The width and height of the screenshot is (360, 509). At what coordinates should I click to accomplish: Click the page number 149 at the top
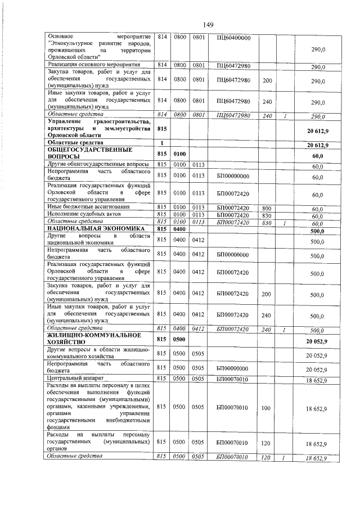(208, 24)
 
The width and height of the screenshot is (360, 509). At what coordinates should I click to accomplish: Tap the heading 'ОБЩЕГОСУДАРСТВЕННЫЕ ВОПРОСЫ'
(90, 154)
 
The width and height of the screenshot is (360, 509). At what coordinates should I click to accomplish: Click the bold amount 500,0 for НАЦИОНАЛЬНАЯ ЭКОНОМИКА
(318, 231)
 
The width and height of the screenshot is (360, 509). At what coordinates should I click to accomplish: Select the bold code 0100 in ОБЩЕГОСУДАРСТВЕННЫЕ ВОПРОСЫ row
(179, 154)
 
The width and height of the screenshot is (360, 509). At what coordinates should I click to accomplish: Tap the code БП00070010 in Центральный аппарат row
(233, 380)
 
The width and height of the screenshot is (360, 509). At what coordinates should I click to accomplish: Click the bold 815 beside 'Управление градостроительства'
(163, 128)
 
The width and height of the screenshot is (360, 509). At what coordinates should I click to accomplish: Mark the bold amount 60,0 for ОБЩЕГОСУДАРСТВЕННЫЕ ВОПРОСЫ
(318, 156)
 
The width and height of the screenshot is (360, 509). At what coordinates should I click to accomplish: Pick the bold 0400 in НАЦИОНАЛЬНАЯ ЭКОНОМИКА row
(179, 229)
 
